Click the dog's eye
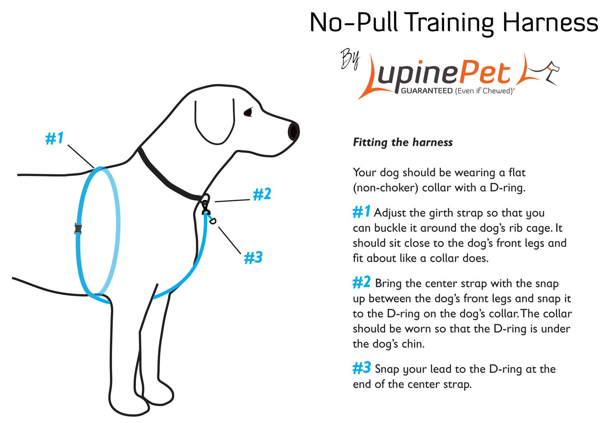(248, 112)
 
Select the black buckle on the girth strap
(78, 229)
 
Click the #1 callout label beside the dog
(54, 138)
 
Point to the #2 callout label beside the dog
(262, 194)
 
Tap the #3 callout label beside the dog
(253, 257)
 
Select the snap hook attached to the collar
(206, 207)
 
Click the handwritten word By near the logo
(350, 60)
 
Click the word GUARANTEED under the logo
(426, 91)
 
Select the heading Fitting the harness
(403, 143)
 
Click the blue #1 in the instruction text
(361, 212)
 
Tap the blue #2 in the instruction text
(361, 283)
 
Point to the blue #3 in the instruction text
(361, 368)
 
